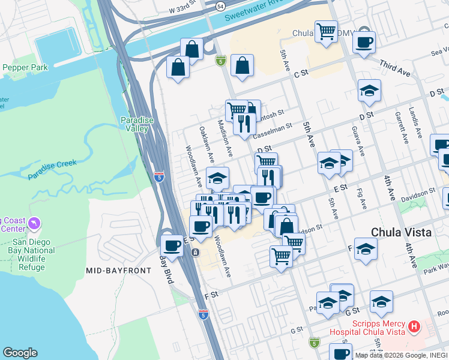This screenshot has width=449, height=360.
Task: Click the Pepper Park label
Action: pos(25,68)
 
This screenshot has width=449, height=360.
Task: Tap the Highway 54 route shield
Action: pos(221,5)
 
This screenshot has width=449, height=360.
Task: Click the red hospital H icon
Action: pos(413,327)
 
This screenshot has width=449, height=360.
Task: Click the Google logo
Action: pos(20,353)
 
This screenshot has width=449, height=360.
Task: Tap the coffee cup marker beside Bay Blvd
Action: pos(172,245)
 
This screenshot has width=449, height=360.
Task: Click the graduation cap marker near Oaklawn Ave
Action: pos(218,177)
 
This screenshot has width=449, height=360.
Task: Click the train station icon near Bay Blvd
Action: pos(195,253)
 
